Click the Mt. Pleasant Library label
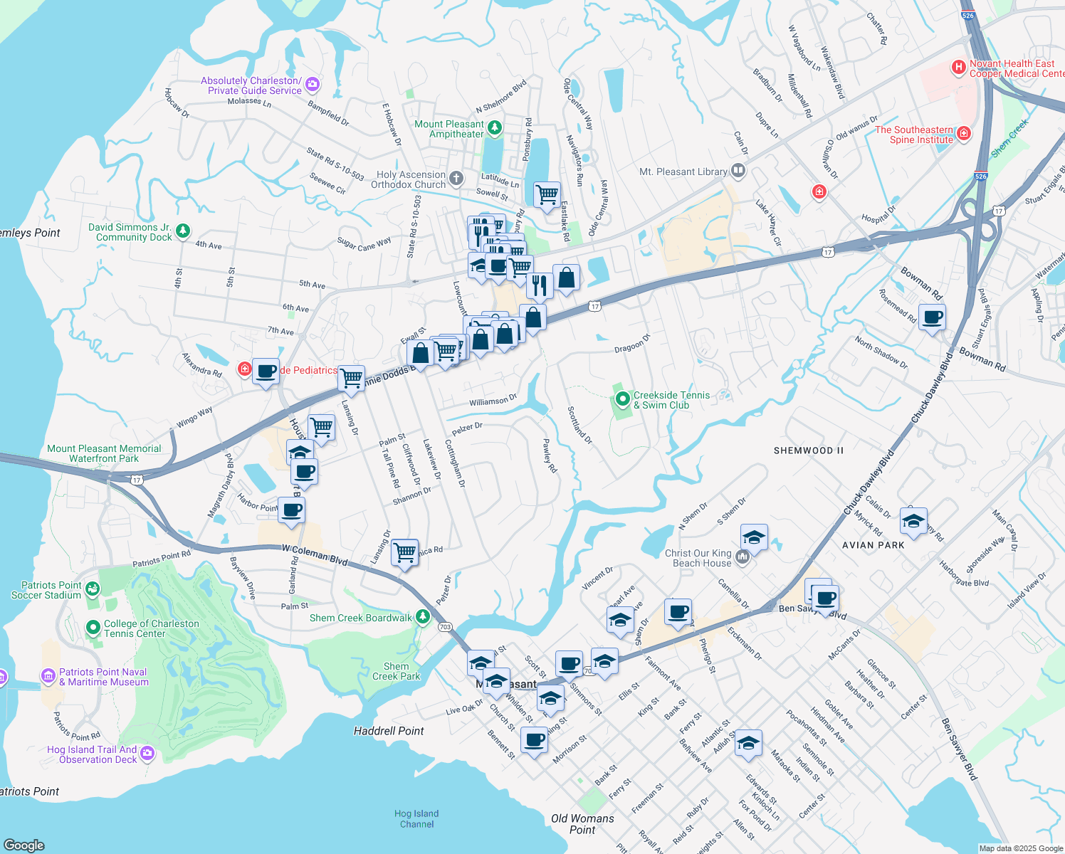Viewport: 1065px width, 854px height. [x=683, y=172]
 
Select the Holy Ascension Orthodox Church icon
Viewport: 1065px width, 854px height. [x=456, y=179]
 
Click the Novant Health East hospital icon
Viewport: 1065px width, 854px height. [x=959, y=68]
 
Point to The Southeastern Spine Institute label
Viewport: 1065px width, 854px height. [x=914, y=135]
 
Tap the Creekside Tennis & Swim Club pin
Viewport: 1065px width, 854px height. [x=623, y=400]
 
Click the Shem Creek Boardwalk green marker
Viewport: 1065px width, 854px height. [x=423, y=617]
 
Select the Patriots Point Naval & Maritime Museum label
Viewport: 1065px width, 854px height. [x=104, y=677]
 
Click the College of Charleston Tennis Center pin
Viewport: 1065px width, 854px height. [x=93, y=628]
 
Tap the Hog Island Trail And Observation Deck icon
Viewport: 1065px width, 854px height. [x=147, y=754]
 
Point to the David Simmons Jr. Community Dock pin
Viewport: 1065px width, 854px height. [x=183, y=231]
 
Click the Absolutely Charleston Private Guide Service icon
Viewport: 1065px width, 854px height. [x=312, y=85]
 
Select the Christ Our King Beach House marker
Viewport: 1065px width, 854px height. [x=743, y=558]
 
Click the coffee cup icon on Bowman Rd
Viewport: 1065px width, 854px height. [x=932, y=317]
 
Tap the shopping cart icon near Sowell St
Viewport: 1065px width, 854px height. [x=547, y=194]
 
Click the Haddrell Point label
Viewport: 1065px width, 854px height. [x=389, y=731]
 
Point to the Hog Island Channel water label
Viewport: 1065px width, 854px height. [x=416, y=818]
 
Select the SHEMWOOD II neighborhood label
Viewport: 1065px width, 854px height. [x=809, y=450]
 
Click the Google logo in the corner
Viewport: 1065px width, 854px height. [x=24, y=845]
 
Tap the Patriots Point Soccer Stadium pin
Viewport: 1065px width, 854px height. [x=93, y=589]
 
